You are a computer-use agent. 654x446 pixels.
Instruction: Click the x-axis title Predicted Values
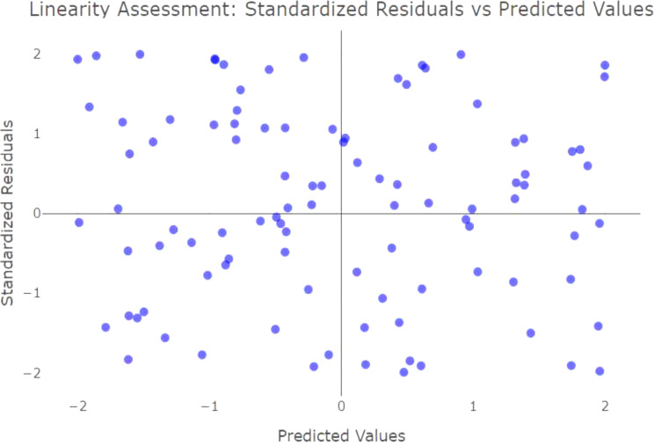pyautogui.click(x=341, y=435)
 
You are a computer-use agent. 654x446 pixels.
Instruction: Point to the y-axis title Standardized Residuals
pyautogui.click(x=7, y=213)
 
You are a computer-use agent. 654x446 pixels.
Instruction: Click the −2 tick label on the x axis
pyautogui.click(x=77, y=406)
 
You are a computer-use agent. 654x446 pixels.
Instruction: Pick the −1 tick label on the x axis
pyautogui.click(x=209, y=406)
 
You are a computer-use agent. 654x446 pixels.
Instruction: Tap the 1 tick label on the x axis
pyautogui.click(x=473, y=406)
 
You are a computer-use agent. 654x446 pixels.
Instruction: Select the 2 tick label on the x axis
pyautogui.click(x=605, y=406)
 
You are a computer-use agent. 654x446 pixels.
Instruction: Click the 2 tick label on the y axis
pyautogui.click(x=37, y=55)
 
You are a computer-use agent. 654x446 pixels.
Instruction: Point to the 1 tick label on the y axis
pyautogui.click(x=37, y=134)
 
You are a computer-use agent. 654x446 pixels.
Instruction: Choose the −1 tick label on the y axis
pyautogui.click(x=33, y=293)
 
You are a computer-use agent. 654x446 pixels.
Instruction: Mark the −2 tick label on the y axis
pyautogui.click(x=33, y=373)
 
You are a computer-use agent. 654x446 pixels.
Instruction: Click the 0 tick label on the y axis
pyautogui.click(x=37, y=214)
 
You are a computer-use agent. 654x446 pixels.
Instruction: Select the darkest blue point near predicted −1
pyautogui.click(x=214, y=59)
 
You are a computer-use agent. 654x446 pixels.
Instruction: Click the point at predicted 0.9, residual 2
pyautogui.click(x=461, y=55)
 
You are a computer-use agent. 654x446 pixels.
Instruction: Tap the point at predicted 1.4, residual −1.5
pyautogui.click(x=531, y=333)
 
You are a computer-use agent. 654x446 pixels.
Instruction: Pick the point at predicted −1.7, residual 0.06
pyautogui.click(x=118, y=208)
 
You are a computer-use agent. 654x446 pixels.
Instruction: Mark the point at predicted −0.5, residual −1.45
pyautogui.click(x=275, y=329)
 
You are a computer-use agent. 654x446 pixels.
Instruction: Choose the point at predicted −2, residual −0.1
pyautogui.click(x=79, y=223)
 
